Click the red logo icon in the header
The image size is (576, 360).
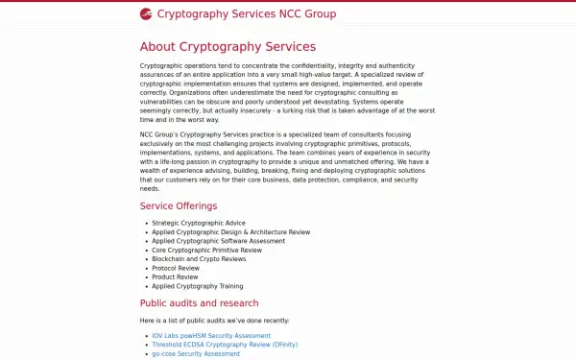(146, 14)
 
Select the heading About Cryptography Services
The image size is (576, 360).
(228, 46)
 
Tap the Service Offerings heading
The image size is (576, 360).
(179, 205)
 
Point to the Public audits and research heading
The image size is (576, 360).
(205, 303)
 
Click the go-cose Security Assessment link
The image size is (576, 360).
(196, 353)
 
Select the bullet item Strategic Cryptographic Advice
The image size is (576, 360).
(199, 223)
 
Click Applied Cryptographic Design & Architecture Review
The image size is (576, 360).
(230, 231)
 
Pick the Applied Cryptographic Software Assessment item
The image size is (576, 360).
(218, 241)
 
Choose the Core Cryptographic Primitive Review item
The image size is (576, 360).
(206, 250)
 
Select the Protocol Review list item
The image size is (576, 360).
(177, 268)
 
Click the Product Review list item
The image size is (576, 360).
(176, 276)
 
